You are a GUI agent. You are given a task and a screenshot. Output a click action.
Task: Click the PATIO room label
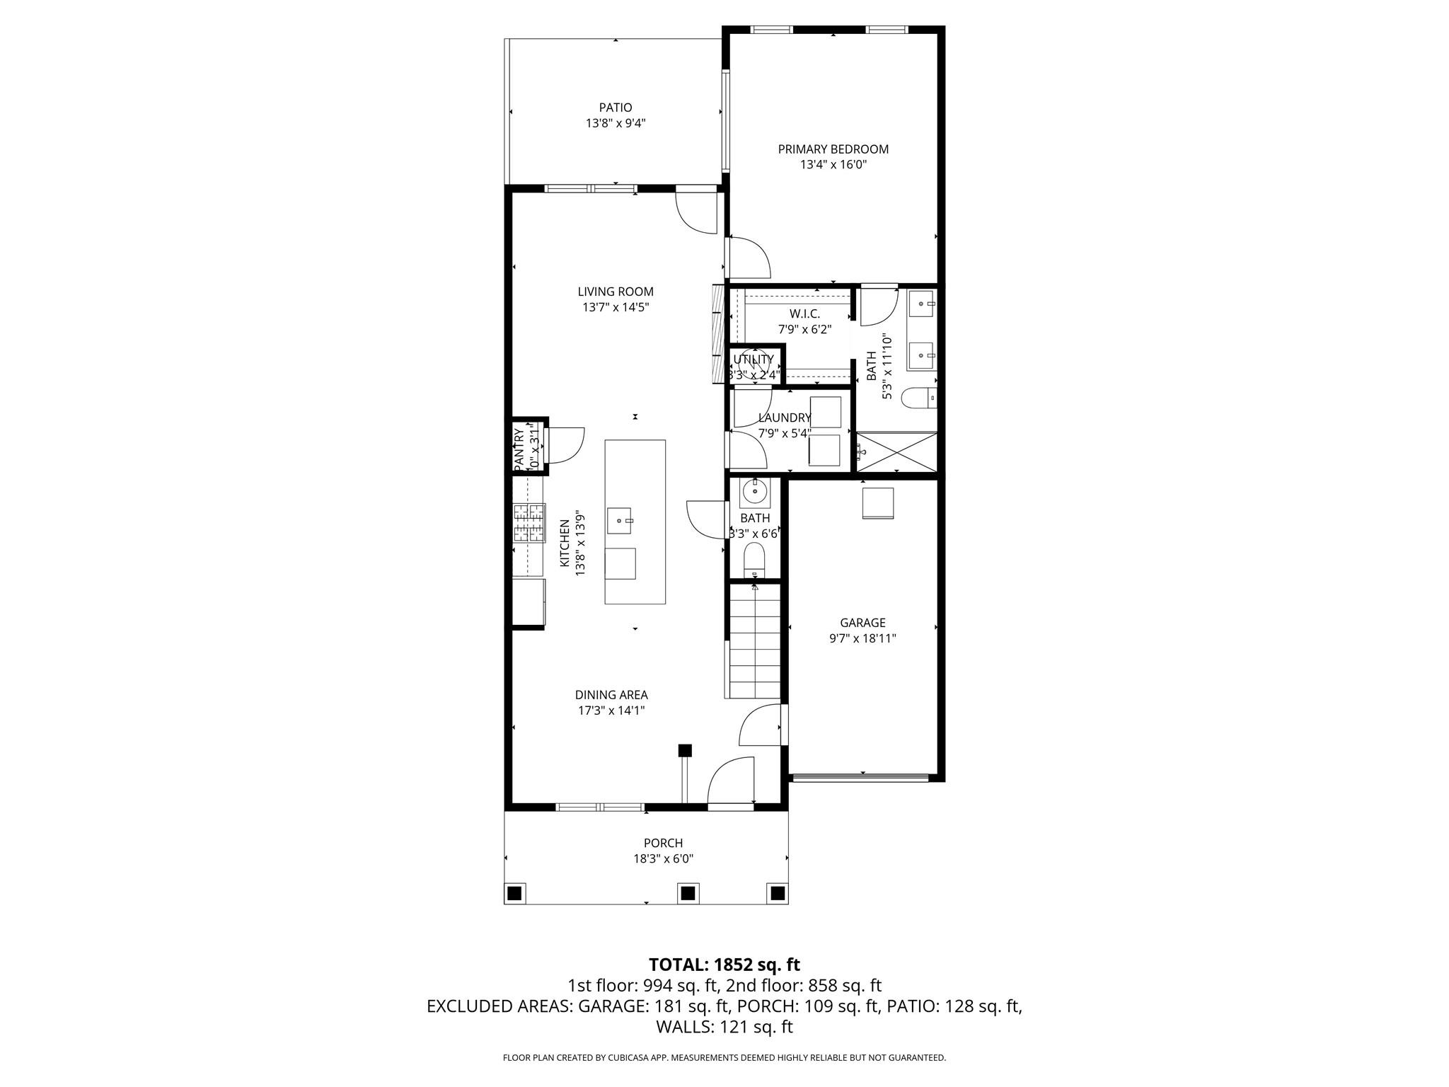point(615,108)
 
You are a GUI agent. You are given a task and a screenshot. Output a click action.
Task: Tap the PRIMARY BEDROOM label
point(833,149)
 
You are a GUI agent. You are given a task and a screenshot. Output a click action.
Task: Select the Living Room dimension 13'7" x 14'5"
point(615,307)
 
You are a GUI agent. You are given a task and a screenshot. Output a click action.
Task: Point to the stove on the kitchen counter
point(529,522)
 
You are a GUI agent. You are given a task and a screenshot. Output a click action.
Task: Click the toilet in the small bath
point(755,560)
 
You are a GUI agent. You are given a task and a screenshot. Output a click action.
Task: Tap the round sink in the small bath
point(755,490)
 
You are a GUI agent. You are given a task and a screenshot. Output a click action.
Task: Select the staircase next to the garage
point(755,640)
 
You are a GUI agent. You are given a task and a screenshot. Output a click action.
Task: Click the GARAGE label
point(862,623)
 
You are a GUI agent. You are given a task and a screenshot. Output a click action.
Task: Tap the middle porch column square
point(686,892)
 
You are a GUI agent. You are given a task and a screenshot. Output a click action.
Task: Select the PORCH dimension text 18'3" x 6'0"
point(663,859)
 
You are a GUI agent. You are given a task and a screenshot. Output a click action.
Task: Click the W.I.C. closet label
point(804,314)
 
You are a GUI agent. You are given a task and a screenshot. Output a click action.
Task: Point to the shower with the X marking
point(896,452)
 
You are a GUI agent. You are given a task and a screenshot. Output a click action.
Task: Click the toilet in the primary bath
point(918,398)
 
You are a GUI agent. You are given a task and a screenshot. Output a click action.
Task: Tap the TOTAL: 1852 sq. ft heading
point(724,965)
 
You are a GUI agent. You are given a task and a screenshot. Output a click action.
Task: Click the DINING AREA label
point(611,695)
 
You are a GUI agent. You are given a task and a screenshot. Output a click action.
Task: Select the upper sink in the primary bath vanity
point(921,306)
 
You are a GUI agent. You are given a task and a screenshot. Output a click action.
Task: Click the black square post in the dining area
point(684,751)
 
